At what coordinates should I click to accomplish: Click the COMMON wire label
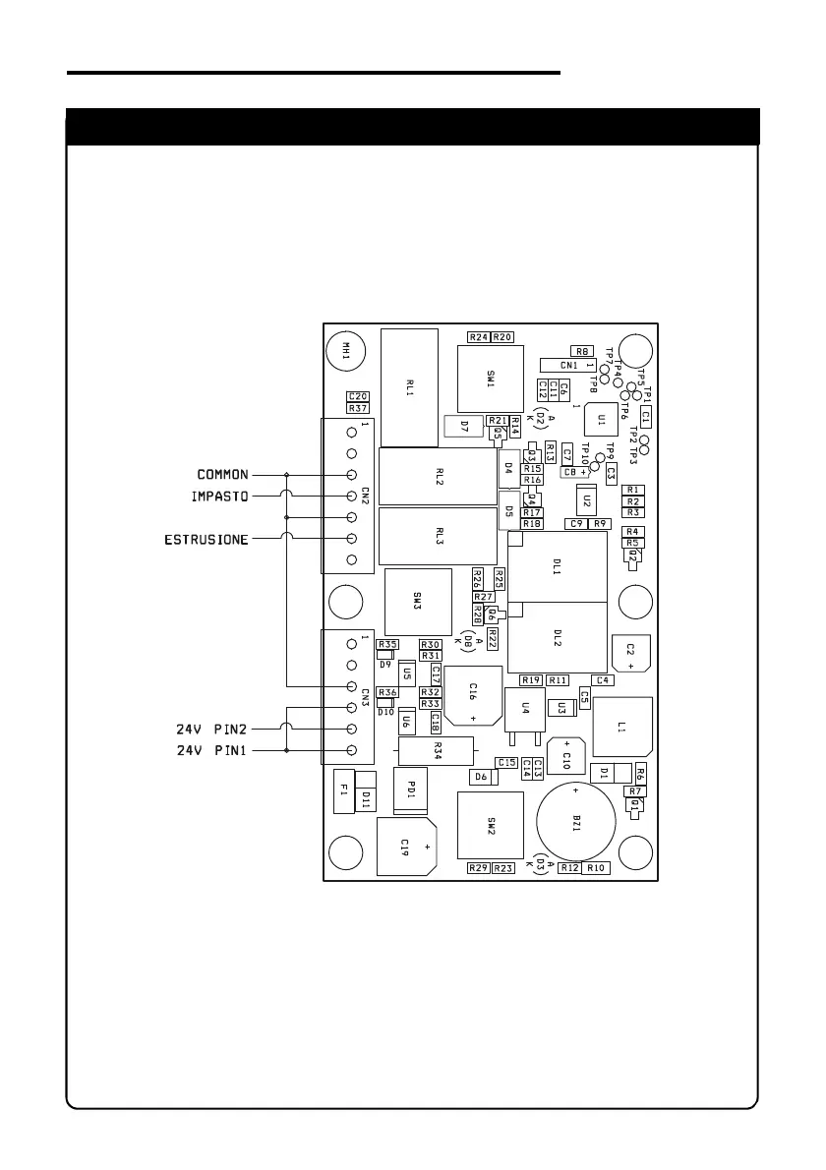click(x=223, y=475)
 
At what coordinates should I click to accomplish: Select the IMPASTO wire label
click(x=220, y=497)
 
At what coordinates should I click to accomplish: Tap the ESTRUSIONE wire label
click(x=206, y=539)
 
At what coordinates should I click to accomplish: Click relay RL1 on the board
click(x=408, y=387)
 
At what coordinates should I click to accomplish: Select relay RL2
click(x=438, y=477)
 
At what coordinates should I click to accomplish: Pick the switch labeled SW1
click(x=490, y=379)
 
